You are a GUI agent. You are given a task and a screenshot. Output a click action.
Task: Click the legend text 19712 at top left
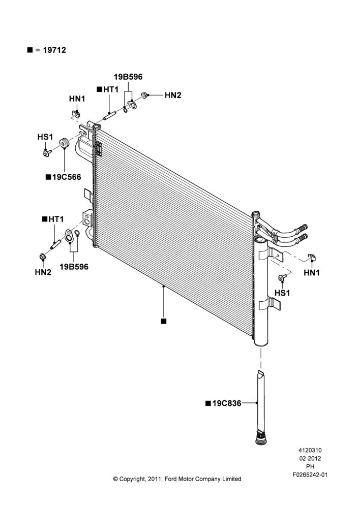(54, 50)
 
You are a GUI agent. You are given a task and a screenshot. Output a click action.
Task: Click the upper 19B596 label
(128, 77)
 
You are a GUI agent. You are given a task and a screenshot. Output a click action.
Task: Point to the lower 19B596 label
(74, 267)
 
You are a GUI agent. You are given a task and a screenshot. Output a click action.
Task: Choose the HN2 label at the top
(173, 96)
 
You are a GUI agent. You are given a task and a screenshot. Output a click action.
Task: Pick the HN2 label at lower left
(43, 272)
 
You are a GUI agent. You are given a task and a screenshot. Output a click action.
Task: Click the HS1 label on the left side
(45, 137)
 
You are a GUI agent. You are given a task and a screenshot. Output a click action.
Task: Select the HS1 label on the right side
(282, 293)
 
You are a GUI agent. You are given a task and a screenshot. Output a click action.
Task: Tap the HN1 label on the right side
(312, 273)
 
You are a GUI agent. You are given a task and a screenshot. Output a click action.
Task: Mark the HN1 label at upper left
(77, 99)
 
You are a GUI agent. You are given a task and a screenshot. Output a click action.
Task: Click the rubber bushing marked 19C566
(64, 143)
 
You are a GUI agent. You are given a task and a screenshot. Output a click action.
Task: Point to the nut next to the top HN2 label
(144, 96)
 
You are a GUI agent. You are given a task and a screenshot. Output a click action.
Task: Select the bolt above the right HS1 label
(283, 278)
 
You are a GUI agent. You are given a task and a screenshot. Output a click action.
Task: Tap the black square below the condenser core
(164, 321)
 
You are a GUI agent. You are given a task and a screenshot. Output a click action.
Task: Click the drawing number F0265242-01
(310, 474)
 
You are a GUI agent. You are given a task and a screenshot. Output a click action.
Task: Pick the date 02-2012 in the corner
(310, 458)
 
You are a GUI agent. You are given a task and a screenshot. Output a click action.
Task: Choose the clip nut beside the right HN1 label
(312, 258)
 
